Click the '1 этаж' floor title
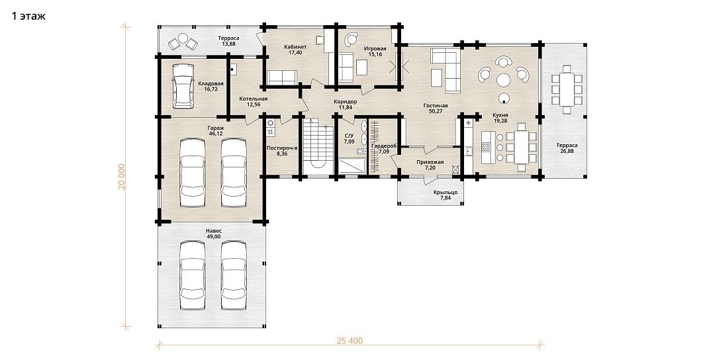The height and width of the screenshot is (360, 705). tap(28, 17)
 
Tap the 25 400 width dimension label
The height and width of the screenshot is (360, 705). tap(350, 341)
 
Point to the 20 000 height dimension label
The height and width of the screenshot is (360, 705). tap(122, 176)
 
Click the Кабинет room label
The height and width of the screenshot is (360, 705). tap(295, 47)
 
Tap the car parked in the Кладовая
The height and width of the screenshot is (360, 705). tap(184, 85)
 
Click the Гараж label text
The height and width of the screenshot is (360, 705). tap(219, 128)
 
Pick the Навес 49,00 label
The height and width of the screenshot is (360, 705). tap(214, 233)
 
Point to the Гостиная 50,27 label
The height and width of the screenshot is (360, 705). tap(435, 109)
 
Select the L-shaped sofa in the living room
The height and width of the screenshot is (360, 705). tap(446, 71)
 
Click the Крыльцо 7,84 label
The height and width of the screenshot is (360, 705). tap(446, 195)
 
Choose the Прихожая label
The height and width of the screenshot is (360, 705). tap(430, 162)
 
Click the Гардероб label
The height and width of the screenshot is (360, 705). tap(383, 146)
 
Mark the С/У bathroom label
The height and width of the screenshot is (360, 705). tap(350, 135)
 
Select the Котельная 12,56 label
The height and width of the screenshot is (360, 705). tap(254, 101)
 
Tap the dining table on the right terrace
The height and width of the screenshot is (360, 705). tap(567, 89)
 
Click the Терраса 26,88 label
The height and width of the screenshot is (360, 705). tap(567, 148)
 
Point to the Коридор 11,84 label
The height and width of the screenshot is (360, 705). tap(346, 105)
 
